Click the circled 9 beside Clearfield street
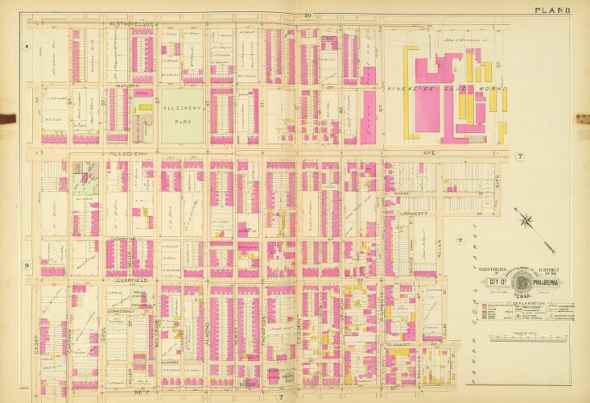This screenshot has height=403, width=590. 27,265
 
